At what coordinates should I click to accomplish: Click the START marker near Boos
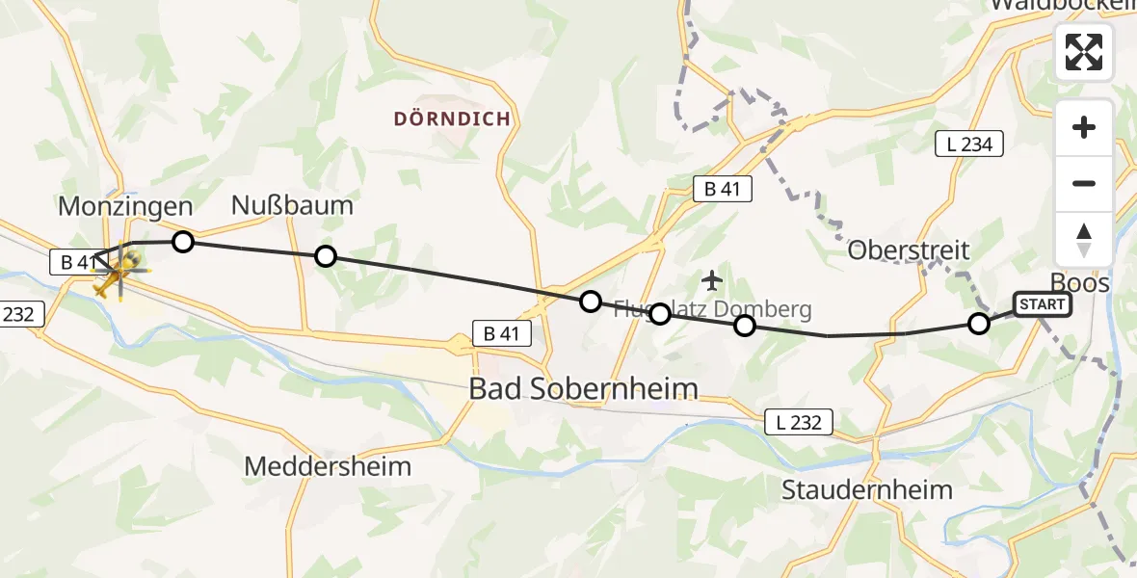[1042, 305]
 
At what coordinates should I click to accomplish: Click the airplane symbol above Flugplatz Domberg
[712, 280]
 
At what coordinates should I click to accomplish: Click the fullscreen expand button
[1084, 52]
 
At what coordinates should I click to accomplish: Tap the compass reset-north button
[1084, 240]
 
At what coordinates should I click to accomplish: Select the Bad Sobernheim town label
[582, 388]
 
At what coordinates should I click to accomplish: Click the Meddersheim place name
[328, 466]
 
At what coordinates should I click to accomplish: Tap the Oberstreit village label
[909, 250]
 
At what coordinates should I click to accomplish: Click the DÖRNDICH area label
[452, 118]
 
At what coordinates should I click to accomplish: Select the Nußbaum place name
[292, 205]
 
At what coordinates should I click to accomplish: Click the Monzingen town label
[125, 205]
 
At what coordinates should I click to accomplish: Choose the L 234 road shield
[969, 144]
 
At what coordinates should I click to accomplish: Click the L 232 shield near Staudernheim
[799, 421]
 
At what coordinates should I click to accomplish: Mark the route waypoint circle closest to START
[979, 324]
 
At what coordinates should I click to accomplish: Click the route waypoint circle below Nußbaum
[326, 255]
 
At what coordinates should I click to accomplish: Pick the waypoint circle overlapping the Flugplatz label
[660, 313]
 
